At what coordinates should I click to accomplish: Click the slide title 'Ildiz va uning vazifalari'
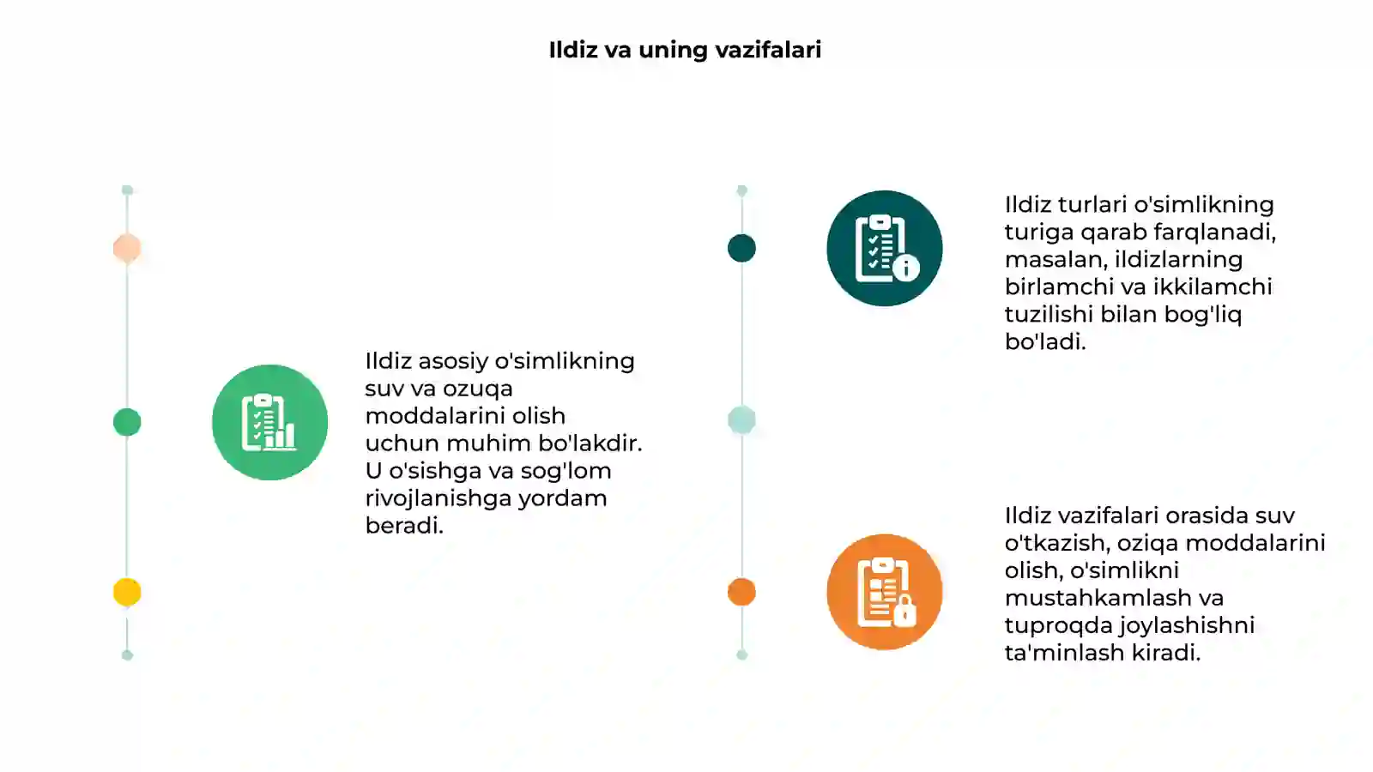pos(685,51)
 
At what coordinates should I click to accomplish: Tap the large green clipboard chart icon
pos(269,422)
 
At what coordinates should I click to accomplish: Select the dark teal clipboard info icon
pos(885,248)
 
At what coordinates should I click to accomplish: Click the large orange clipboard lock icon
pos(885,592)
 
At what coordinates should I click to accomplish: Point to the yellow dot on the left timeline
pos(127,592)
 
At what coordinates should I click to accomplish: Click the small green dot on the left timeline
pos(127,422)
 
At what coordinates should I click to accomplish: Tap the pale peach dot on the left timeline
pos(127,248)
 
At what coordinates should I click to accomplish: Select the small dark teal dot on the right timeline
pos(741,248)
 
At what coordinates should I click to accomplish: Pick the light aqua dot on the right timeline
pos(741,420)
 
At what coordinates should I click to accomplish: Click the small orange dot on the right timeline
pos(741,592)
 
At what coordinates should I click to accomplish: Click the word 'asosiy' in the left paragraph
pos(453,362)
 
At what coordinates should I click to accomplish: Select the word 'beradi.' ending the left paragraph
pos(404,526)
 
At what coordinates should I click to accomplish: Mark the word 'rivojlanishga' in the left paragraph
pos(438,499)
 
